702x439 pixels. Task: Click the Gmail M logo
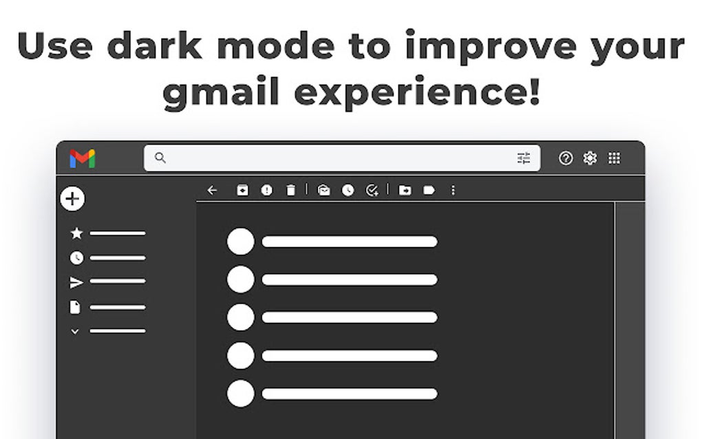(83, 159)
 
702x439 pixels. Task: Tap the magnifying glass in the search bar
(160, 158)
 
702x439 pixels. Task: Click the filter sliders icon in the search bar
(524, 158)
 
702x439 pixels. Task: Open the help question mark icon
(566, 158)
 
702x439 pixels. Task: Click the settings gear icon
(590, 158)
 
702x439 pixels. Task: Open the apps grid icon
(615, 158)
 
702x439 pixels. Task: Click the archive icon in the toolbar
(242, 191)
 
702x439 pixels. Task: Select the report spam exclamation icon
(266, 191)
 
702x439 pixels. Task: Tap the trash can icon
(290, 191)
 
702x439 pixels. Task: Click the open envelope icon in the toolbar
(324, 191)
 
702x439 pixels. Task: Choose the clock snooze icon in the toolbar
(348, 191)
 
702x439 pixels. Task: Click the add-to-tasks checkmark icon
(372, 191)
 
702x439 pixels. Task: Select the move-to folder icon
(405, 191)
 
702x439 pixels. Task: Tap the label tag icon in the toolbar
(429, 191)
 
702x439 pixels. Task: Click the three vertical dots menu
(453, 191)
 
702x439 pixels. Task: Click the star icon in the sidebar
(76, 234)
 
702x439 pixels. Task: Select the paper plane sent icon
(76, 282)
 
